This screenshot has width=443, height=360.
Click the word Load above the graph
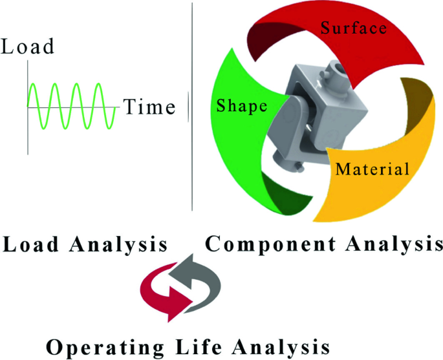coord(27,47)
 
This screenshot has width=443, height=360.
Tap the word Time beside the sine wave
coord(149,107)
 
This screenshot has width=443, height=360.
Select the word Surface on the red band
coord(354,28)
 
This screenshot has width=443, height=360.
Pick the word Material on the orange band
coord(372,169)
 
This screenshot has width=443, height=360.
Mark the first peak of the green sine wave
coord(33,83)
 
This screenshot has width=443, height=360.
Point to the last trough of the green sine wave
coord(109,129)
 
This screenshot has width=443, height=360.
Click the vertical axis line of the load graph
coord(28,107)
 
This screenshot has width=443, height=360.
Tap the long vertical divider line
coord(192,107)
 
